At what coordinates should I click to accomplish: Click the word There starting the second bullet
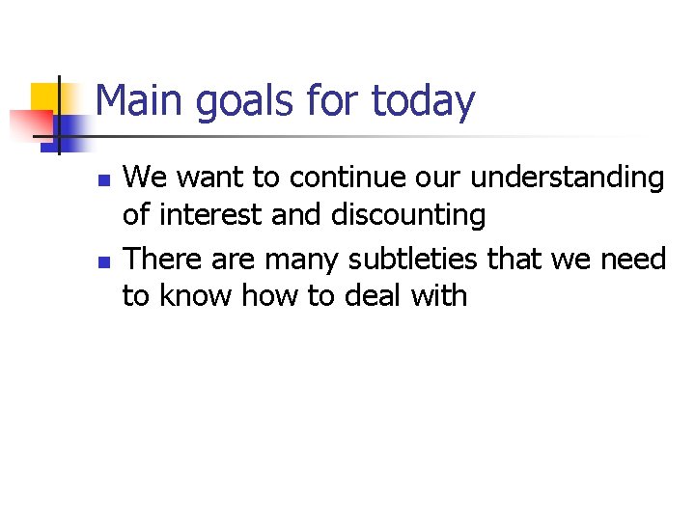pos(164,259)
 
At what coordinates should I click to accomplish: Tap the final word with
pos(439,295)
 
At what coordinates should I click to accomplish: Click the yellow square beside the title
pos(46,96)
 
